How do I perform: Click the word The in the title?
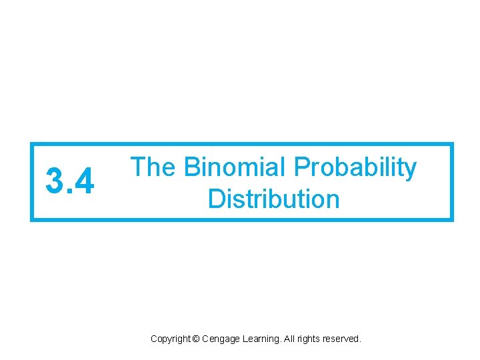click(153, 168)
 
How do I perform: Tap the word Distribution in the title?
click(273, 199)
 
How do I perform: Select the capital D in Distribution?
click(215, 199)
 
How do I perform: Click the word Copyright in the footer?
click(170, 339)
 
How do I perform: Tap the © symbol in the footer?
click(195, 339)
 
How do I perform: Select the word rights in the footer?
click(307, 339)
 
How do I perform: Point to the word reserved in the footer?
click(342, 339)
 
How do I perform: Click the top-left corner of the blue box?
click(31, 143)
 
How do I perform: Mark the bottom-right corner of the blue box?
click(452, 220)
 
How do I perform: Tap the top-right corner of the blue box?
click(452, 143)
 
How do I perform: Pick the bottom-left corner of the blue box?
click(31, 220)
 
